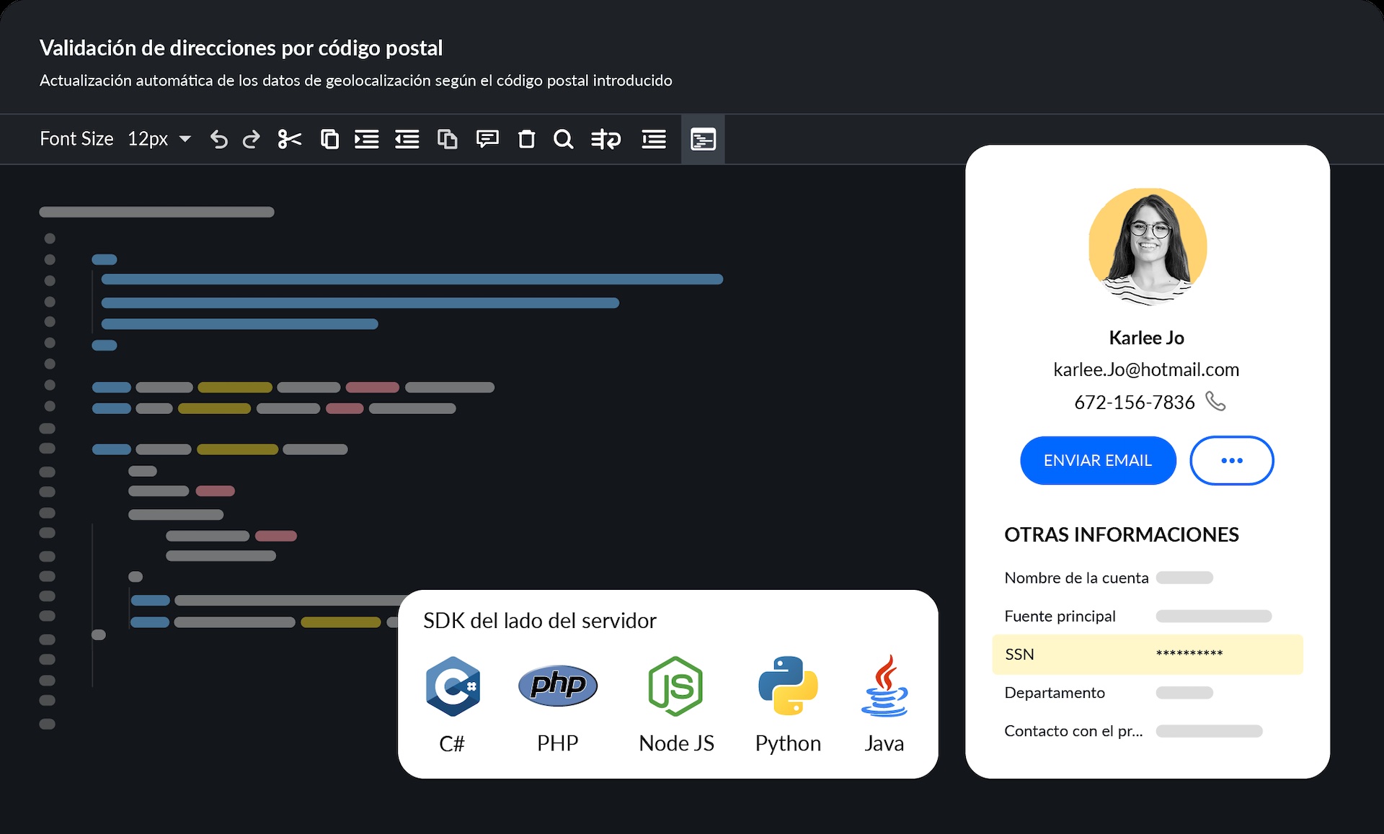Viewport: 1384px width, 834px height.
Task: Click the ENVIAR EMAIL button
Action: pos(1098,460)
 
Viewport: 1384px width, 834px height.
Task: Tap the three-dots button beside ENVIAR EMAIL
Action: pos(1231,460)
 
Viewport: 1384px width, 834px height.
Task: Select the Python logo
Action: pos(788,686)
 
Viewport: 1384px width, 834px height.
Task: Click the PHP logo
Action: pos(558,685)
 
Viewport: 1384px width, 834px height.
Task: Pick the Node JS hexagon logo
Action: pos(675,686)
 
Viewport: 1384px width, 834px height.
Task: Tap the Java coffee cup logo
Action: pos(884,686)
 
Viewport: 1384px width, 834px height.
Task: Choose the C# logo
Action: pos(453,686)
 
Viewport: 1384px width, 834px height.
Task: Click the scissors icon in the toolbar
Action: pos(289,139)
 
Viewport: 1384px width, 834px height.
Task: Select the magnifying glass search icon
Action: pos(563,139)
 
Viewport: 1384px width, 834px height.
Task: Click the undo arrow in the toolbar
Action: pos(219,139)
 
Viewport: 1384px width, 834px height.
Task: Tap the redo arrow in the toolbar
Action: pos(251,139)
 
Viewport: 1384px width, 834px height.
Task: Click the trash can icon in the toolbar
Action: pos(527,139)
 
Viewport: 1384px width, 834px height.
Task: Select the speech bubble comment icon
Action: pos(487,138)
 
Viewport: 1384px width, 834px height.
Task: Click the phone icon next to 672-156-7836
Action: pos(1215,401)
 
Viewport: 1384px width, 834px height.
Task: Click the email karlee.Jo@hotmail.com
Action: pos(1146,369)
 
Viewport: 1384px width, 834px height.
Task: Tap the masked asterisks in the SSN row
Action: pos(1189,654)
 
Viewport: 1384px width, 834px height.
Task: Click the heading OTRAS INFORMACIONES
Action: pos(1122,534)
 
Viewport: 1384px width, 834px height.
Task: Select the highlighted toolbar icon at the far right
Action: pos(703,139)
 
